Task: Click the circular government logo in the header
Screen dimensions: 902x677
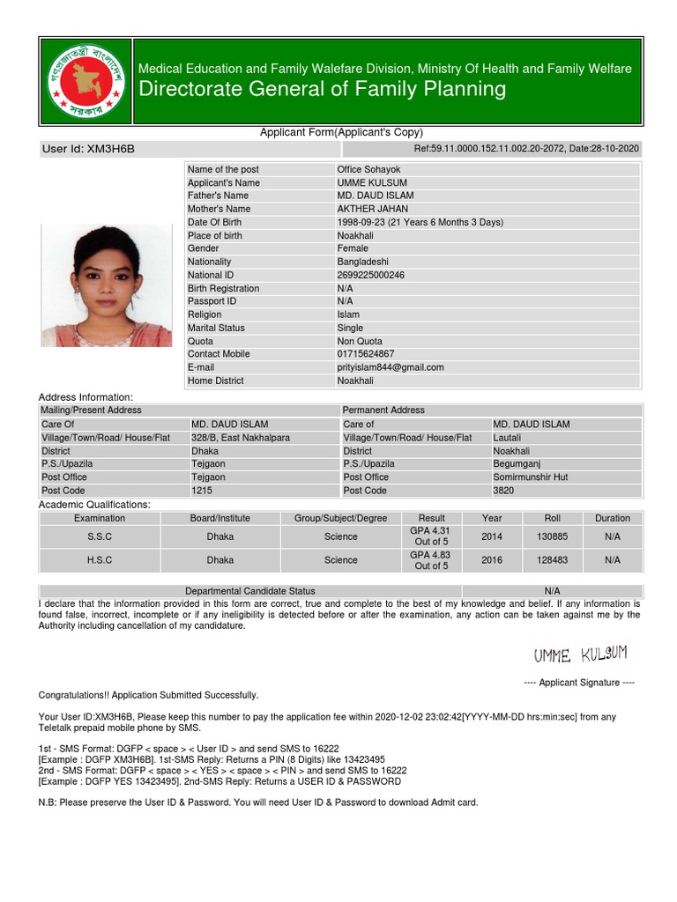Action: [86, 81]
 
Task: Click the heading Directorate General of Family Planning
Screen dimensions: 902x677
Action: [324, 89]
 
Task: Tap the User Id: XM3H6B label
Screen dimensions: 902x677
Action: [89, 149]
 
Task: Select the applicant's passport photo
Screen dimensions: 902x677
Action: [107, 285]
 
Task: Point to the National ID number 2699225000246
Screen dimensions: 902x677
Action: [370, 275]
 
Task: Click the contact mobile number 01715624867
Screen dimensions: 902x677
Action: [366, 354]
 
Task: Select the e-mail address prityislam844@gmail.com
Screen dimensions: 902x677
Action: [391, 367]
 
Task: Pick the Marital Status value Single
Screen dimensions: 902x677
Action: [350, 328]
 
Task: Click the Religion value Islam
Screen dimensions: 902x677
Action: [348, 314]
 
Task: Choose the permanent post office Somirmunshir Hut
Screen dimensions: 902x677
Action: [531, 477]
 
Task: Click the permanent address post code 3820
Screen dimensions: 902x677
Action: [503, 491]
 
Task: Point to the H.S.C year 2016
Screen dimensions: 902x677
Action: [492, 560]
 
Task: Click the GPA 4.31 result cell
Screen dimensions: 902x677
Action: [431, 536]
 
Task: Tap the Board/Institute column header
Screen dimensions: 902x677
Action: [220, 518]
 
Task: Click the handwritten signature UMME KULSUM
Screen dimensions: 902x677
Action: [579, 654]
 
